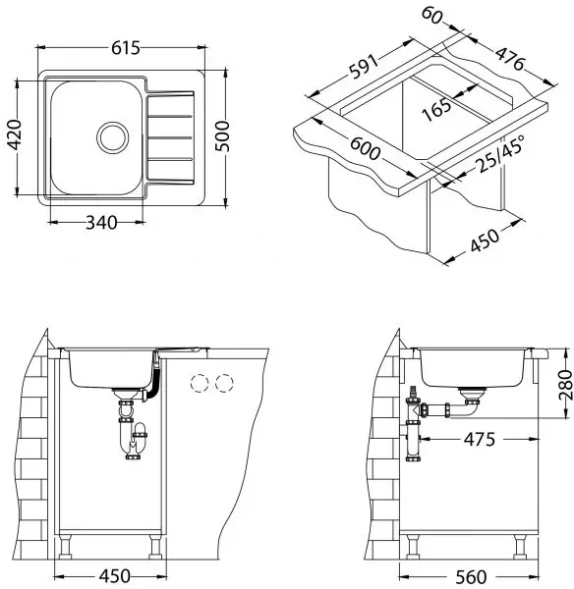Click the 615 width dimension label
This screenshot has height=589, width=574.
coord(126,48)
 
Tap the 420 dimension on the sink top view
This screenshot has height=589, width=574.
coord(15,134)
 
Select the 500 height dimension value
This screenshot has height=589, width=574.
coord(222,136)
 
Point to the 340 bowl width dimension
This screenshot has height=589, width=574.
coord(101,223)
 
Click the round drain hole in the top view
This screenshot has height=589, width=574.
coord(112,137)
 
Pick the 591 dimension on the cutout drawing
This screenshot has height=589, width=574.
coord(364,67)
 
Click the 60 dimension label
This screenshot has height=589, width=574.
coord(431,16)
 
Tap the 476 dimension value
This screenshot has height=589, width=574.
coord(510,58)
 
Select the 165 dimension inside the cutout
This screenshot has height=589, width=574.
coord(436,109)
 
